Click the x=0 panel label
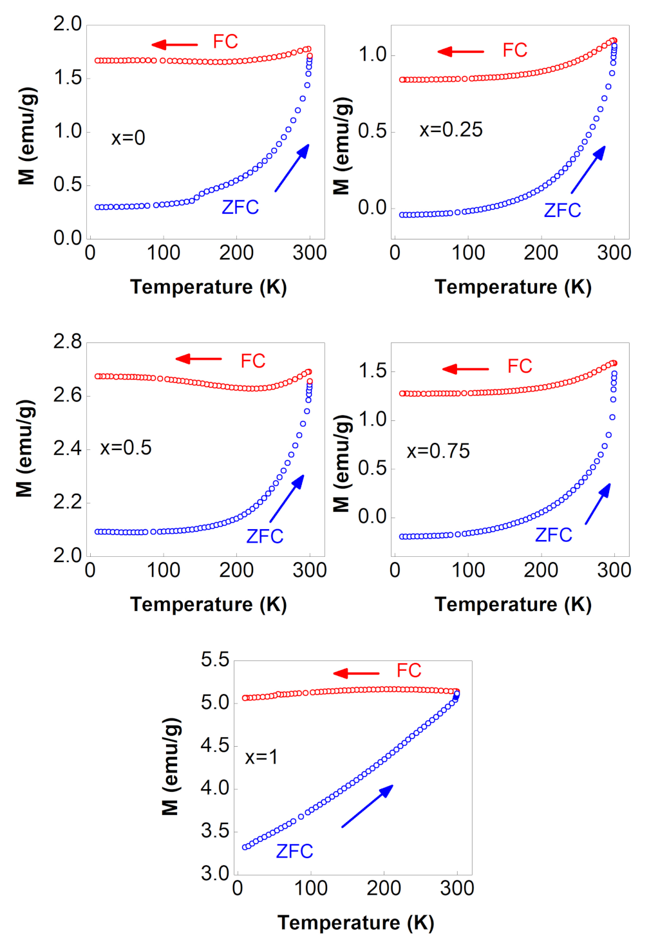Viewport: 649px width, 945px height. click(x=128, y=138)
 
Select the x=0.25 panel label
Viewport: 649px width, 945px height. click(x=451, y=130)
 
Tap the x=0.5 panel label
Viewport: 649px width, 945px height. click(x=126, y=448)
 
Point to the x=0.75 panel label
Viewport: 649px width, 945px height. click(x=438, y=451)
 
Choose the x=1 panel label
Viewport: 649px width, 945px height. click(x=261, y=757)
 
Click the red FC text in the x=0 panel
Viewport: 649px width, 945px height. click(x=225, y=42)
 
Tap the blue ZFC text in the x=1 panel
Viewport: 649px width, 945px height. click(x=294, y=852)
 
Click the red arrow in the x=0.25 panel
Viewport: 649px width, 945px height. click(x=460, y=51)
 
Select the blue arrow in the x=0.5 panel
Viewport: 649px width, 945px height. click(x=287, y=498)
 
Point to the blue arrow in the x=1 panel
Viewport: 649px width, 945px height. click(x=367, y=806)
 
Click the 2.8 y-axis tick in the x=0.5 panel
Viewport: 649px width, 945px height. click(x=68, y=341)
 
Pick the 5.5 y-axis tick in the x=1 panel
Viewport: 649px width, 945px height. click(x=214, y=660)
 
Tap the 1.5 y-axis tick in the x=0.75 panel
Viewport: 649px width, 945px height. click(x=372, y=371)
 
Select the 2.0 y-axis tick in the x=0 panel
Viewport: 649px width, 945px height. click(x=68, y=24)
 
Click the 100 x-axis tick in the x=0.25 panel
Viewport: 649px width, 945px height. click(x=468, y=253)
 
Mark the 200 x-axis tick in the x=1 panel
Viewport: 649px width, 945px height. click(x=384, y=888)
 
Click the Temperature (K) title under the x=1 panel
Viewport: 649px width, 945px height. click(x=355, y=922)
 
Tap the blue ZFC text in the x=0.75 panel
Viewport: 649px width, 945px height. click(x=553, y=535)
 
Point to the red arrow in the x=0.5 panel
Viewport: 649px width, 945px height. click(x=198, y=359)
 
